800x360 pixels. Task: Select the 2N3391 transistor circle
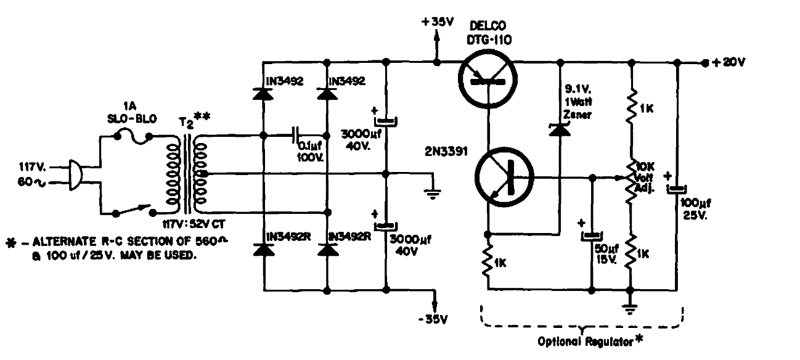[503, 178]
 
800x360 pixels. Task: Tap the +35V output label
[438, 22]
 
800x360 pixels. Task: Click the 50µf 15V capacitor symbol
[592, 235]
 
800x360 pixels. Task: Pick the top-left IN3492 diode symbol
[263, 94]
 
